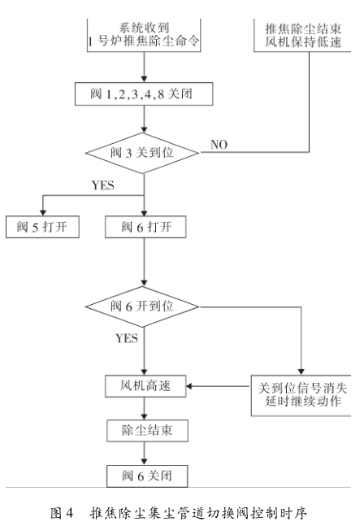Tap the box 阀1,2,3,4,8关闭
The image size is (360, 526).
143,95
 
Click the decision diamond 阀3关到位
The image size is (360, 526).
143,150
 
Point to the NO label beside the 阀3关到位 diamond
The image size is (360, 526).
219,145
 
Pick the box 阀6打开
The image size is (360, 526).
143,226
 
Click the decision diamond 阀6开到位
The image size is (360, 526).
143,306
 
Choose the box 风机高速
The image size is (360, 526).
143,383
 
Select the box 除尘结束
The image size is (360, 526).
143,427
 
